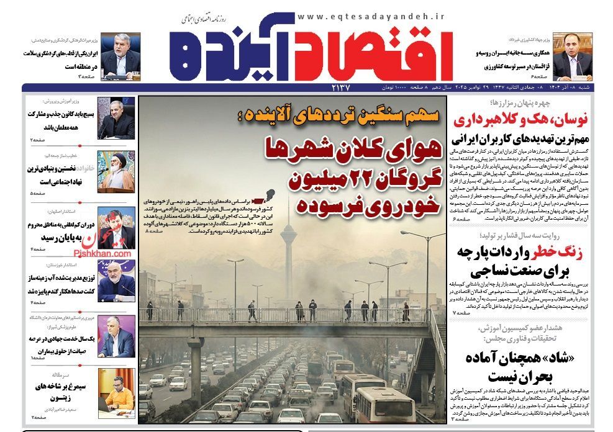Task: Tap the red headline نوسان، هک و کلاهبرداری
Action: pos(529,120)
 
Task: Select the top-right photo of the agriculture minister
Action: pos(571,57)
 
